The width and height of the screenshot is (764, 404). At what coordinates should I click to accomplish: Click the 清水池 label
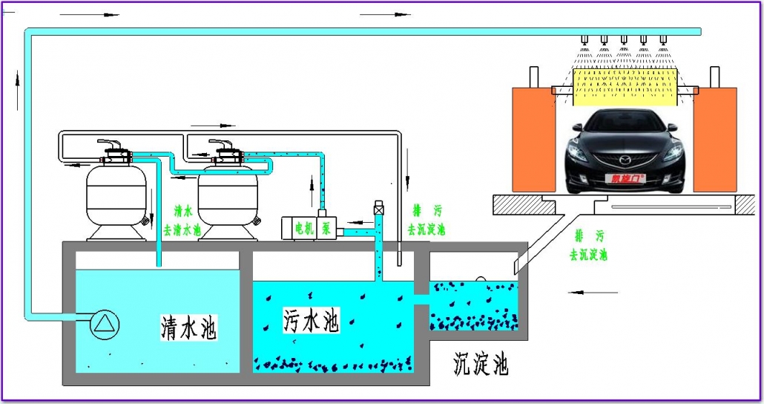(x=189, y=327)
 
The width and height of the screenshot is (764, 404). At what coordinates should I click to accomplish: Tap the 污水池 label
(x=310, y=319)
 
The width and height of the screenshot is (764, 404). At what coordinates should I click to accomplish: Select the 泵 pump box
(x=326, y=227)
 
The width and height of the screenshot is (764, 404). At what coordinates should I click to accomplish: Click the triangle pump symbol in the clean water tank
(x=105, y=323)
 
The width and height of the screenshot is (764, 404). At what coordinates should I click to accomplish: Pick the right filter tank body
(x=226, y=195)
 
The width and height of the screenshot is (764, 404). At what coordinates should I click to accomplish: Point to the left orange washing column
(x=533, y=141)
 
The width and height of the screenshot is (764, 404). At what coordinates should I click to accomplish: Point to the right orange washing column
(x=715, y=141)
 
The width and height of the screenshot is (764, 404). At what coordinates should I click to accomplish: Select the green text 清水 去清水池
(x=182, y=221)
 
